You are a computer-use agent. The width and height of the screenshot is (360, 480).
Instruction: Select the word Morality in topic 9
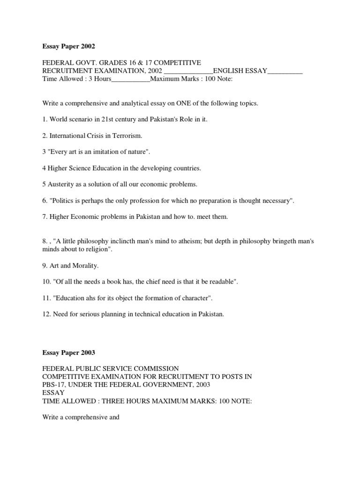click(86, 265)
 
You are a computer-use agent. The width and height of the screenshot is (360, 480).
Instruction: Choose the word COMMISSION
click(153, 369)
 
